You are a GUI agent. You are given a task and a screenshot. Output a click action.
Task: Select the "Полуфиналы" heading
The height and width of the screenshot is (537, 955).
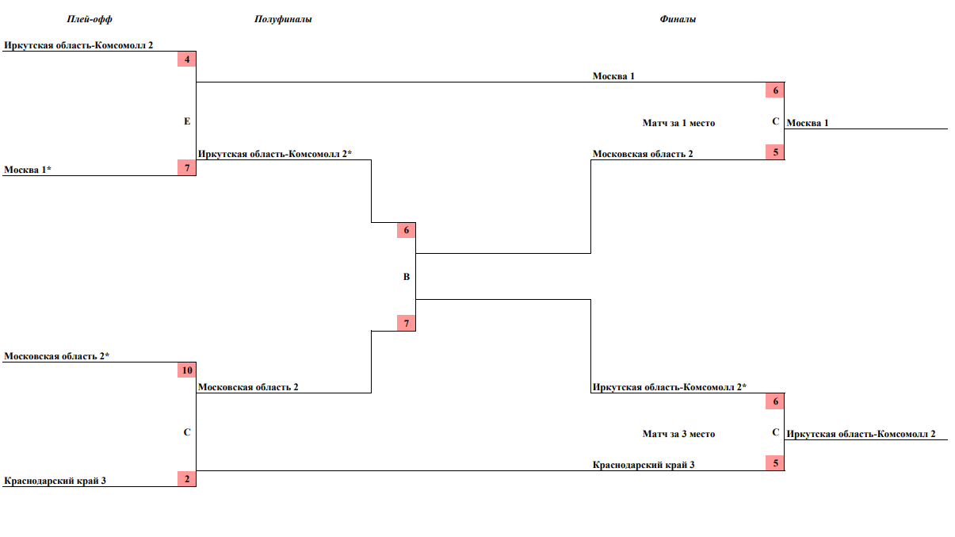click(283, 19)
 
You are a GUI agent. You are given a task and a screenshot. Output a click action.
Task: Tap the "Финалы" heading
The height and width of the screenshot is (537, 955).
click(678, 19)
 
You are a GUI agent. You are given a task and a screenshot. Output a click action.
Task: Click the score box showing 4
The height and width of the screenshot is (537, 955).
click(186, 59)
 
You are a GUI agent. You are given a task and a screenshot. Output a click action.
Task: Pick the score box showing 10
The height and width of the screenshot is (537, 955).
click(186, 370)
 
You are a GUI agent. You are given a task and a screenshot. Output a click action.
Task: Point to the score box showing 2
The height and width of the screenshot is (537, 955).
click(186, 478)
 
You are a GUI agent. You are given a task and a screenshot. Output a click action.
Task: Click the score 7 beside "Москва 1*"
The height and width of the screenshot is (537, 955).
click(186, 167)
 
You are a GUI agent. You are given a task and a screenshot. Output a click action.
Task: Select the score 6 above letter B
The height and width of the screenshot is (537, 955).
click(406, 231)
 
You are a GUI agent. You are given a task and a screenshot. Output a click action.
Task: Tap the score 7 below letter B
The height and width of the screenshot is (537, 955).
click(406, 324)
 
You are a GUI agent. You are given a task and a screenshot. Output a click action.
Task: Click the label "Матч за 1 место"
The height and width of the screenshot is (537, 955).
click(678, 123)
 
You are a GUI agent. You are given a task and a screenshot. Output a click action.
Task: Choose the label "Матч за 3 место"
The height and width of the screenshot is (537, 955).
click(678, 434)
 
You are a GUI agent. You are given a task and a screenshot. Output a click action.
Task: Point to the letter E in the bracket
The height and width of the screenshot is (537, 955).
click(187, 121)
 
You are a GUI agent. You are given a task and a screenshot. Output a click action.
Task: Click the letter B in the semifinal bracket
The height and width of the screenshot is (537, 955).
click(407, 277)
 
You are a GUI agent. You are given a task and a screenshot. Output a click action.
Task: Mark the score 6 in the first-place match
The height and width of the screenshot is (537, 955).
click(775, 90)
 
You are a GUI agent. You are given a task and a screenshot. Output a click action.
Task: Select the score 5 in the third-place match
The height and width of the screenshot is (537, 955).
click(775, 462)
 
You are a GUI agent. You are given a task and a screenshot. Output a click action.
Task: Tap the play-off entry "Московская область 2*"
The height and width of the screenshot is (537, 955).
click(56, 356)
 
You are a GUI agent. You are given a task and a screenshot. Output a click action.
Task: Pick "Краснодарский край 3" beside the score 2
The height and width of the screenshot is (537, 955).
click(55, 480)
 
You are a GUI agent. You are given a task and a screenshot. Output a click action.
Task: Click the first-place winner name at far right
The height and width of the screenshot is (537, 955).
click(808, 123)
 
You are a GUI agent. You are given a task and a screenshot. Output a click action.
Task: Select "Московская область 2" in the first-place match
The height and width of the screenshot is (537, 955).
click(643, 153)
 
